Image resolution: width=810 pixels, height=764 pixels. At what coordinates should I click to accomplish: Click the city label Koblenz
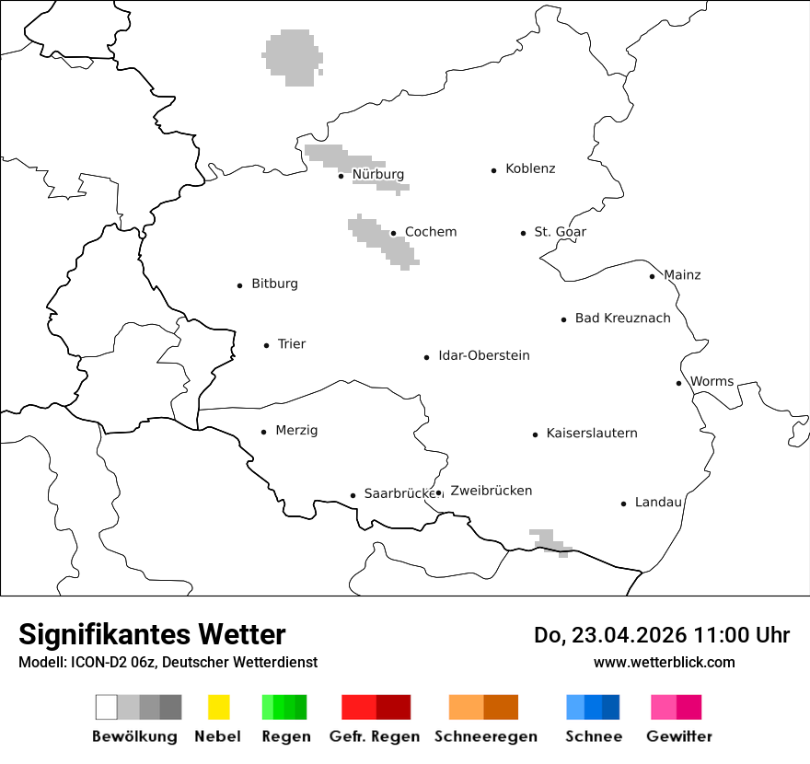tap(530, 169)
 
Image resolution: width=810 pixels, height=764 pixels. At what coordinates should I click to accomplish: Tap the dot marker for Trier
tap(267, 345)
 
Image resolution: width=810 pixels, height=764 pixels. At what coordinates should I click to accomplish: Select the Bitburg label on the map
tap(274, 284)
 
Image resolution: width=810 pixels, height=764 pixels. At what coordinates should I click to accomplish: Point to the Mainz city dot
tap(652, 276)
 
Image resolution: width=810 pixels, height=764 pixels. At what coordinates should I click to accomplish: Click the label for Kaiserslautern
tap(592, 434)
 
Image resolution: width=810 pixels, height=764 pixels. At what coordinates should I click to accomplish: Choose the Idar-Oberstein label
tap(484, 356)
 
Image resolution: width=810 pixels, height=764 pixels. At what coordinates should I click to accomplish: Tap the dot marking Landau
tap(623, 504)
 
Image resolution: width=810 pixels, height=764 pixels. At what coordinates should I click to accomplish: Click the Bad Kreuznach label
tap(623, 318)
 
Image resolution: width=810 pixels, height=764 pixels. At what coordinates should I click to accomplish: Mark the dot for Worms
tap(678, 383)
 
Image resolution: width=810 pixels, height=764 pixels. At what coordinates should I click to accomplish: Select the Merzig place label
tap(296, 431)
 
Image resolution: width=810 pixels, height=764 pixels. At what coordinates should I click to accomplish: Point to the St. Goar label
tap(561, 232)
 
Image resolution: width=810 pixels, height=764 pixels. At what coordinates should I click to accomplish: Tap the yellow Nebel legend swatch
tap(218, 707)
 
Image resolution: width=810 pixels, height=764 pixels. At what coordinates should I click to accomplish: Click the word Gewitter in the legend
tap(679, 736)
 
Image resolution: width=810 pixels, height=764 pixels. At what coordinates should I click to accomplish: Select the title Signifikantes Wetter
tap(152, 635)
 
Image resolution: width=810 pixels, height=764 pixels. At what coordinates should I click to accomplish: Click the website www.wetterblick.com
tap(665, 663)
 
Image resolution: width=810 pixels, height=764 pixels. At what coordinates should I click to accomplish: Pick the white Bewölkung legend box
tap(107, 707)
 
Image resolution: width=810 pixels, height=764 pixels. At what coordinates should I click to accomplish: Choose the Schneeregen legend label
tap(486, 736)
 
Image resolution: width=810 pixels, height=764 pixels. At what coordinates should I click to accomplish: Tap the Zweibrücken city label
tap(492, 492)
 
